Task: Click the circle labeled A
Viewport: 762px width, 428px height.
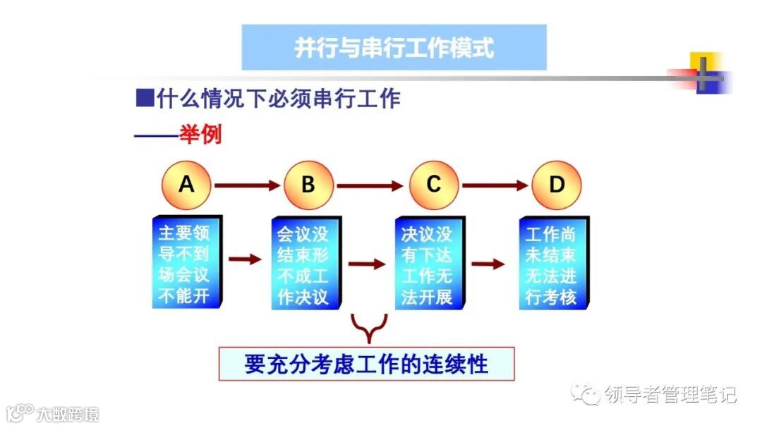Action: coord(186,185)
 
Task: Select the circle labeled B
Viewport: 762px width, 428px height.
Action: coord(308,185)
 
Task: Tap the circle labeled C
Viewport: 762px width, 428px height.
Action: coord(433,185)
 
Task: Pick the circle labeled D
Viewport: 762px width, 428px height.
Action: coord(557,185)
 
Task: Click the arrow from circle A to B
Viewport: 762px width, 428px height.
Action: coord(247,185)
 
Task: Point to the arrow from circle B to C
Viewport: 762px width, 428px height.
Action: coord(370,186)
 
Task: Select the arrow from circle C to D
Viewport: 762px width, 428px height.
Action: coord(495,185)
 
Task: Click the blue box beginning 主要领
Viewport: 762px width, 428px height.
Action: coord(186,263)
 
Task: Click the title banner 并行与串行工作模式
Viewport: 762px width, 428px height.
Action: coord(394,47)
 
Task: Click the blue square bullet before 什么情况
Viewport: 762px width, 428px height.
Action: coord(144,98)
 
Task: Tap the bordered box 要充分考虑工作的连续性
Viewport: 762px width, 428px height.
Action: coord(366,365)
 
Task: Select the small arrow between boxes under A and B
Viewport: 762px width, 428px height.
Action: coord(245,259)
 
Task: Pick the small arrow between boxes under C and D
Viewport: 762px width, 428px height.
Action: coord(488,264)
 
